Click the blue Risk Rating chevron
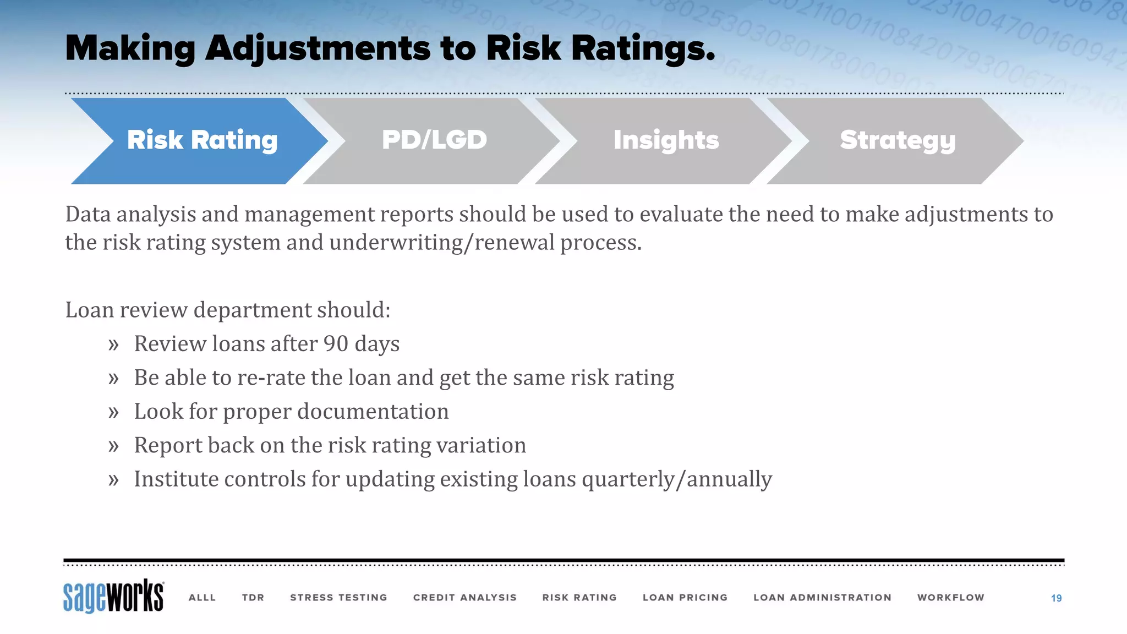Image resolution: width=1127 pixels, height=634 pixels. (x=202, y=140)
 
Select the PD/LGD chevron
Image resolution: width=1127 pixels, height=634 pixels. (x=434, y=140)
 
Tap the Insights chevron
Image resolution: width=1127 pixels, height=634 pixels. (x=666, y=140)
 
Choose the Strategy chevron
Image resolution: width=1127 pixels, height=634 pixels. (x=898, y=140)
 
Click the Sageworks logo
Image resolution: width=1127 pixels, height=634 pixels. (x=113, y=596)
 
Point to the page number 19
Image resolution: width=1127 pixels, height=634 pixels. (x=1056, y=598)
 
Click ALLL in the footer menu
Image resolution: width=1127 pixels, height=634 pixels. (x=202, y=598)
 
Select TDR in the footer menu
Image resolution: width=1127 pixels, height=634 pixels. (x=253, y=598)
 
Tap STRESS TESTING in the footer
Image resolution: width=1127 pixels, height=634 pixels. (x=338, y=598)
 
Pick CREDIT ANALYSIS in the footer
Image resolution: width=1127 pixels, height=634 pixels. (x=464, y=598)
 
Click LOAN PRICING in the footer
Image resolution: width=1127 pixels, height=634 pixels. (x=685, y=598)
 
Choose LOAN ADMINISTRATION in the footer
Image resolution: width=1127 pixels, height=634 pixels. (x=822, y=598)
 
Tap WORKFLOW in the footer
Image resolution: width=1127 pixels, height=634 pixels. (x=950, y=598)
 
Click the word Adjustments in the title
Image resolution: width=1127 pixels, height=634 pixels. (x=318, y=48)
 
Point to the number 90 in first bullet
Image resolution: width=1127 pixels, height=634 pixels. (x=336, y=344)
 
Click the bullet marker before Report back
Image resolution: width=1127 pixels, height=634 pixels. (x=113, y=446)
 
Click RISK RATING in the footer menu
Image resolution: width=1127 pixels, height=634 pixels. (x=579, y=598)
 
